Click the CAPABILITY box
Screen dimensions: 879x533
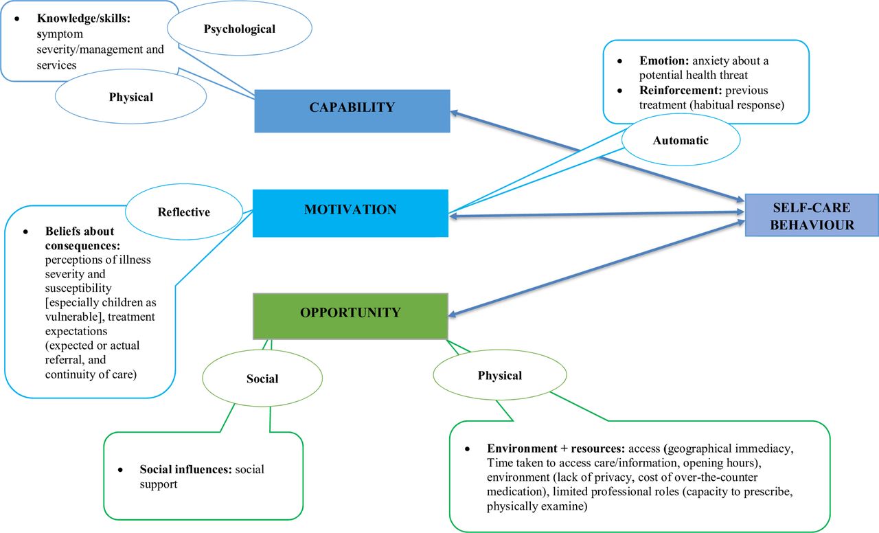352,111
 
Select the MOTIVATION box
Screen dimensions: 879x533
350,213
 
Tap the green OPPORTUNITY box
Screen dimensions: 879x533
350,316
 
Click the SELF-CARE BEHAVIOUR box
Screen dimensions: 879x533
812,215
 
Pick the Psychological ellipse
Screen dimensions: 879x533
240,29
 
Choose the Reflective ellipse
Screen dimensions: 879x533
184,212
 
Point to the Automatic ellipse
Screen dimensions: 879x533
681,140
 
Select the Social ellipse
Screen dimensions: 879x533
262,378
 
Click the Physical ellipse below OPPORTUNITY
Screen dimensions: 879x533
500,375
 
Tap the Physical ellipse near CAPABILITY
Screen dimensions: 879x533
130,97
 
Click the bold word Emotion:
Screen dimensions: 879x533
664,61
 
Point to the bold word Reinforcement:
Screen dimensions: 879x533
681,90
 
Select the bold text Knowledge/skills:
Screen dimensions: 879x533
84,19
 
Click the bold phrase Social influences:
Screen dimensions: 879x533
185,469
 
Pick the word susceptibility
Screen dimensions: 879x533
78,288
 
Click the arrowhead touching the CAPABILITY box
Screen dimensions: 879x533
455,113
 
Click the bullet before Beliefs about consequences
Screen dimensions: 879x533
25,231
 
